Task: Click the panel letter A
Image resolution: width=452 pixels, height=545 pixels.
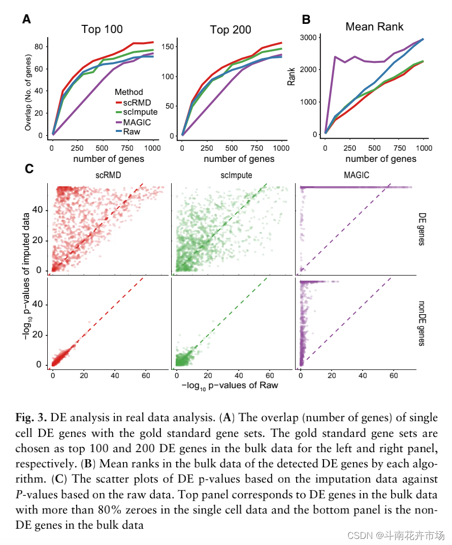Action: tap(26, 20)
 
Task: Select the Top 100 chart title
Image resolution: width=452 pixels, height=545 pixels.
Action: tap(102, 29)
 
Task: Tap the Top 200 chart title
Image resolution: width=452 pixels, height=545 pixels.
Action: tap(231, 30)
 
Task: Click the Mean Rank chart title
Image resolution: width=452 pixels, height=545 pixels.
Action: tap(374, 26)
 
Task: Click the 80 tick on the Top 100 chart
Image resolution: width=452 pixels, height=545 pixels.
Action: tap(37, 46)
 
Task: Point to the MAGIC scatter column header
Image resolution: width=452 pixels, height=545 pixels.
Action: tap(356, 175)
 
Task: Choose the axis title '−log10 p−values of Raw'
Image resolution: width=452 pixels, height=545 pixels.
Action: tap(229, 385)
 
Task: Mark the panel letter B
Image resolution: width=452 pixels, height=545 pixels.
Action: tap(306, 20)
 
